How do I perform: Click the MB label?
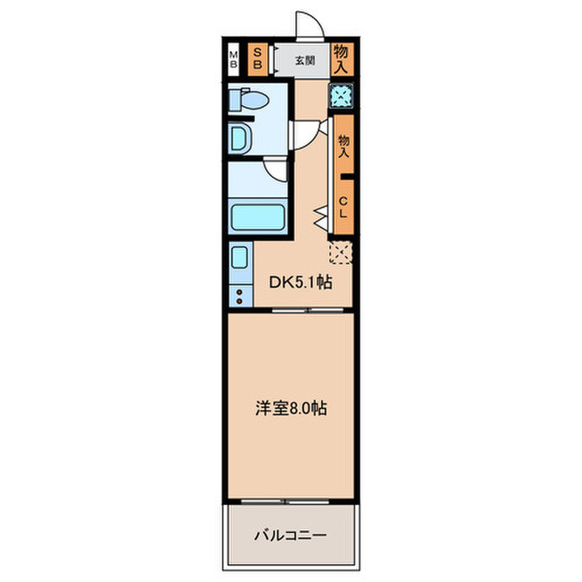[x=234, y=59]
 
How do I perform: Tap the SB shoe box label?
[x=258, y=59]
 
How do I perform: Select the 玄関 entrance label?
[x=304, y=60]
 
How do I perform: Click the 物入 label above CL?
[x=343, y=147]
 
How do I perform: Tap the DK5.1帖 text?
[x=300, y=283]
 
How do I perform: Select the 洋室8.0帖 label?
[x=290, y=409]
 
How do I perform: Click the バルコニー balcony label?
[x=290, y=535]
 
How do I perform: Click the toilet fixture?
[x=250, y=101]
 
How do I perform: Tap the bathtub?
[x=258, y=218]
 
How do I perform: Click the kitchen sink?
[x=239, y=259]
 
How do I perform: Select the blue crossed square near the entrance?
[x=340, y=96]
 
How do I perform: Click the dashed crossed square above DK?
[x=341, y=251]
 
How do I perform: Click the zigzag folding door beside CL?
[x=321, y=218]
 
